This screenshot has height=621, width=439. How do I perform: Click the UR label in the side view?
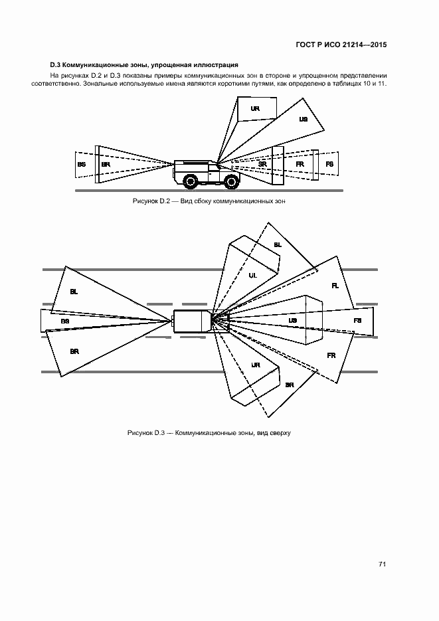tap(255, 108)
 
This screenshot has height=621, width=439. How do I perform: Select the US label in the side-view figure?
tap(304, 119)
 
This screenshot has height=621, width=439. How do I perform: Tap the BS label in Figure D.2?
tap(82, 164)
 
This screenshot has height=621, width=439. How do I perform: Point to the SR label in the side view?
tap(262, 164)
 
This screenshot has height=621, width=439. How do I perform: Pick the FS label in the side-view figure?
tap(329, 164)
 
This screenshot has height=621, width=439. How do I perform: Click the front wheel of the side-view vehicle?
tap(230, 182)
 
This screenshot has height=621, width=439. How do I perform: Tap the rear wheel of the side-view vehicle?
tap(191, 182)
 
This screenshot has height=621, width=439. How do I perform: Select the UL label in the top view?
tap(253, 275)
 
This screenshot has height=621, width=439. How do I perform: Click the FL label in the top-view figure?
tap(335, 286)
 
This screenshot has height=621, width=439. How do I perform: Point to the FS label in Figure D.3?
tap(357, 320)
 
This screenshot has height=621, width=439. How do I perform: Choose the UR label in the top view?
tap(256, 365)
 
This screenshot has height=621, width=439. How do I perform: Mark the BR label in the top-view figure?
tap(74, 351)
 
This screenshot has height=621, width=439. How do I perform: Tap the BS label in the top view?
tap(65, 321)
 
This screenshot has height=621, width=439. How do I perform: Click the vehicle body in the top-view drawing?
tap(193, 320)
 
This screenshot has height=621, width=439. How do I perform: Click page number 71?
tap(382, 564)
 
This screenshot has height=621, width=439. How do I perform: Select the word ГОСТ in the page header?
tap(306, 44)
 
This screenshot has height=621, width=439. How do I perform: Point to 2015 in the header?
tap(379, 44)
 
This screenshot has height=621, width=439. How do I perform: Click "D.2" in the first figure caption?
tap(165, 201)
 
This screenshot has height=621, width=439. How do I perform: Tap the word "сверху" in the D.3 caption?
tap(280, 433)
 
